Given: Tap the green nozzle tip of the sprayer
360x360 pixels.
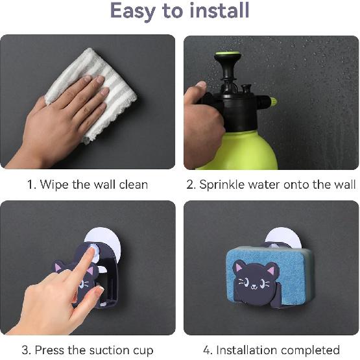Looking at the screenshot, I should [273, 102].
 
